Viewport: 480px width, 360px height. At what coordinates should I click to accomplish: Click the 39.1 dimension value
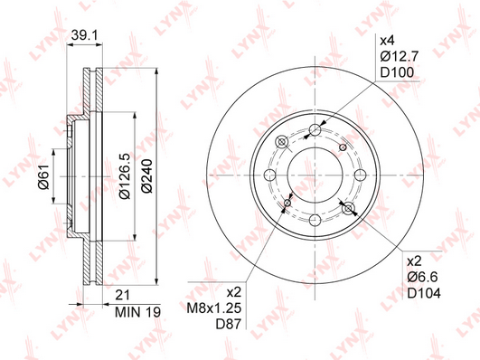click(x=84, y=35)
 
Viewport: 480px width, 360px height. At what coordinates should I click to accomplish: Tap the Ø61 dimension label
click(x=43, y=176)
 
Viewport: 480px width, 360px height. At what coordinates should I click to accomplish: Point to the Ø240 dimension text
click(x=147, y=175)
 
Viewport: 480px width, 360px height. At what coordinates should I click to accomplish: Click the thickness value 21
click(x=122, y=295)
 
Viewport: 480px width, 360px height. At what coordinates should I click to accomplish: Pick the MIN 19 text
click(x=137, y=312)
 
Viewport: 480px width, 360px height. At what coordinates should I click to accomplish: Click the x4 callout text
click(x=388, y=41)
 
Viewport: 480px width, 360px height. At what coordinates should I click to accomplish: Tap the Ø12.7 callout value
click(x=400, y=56)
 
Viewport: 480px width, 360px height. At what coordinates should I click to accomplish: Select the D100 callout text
click(x=397, y=72)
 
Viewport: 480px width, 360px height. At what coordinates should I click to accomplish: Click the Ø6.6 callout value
click(x=422, y=278)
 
